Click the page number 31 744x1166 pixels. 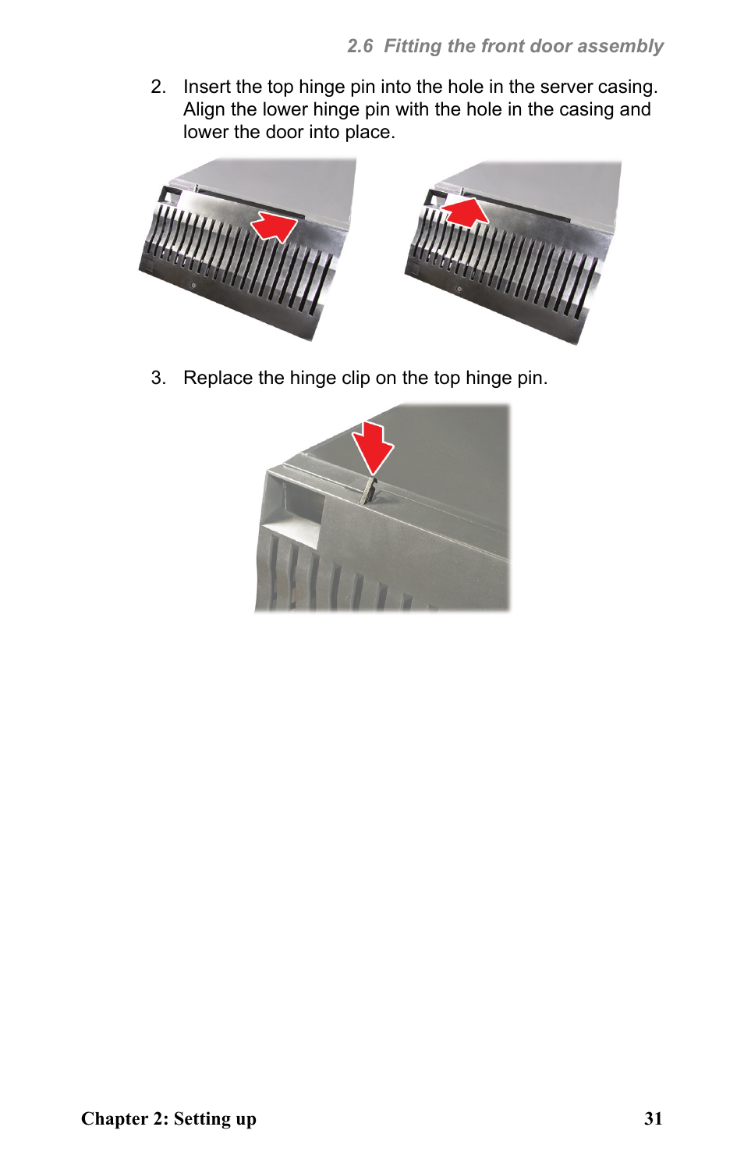tap(653, 1118)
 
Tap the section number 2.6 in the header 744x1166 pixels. tap(360, 46)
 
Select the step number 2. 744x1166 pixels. tap(158, 87)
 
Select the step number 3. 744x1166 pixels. tap(158, 378)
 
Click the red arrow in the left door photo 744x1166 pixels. tap(275, 226)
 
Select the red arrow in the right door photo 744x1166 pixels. tap(465, 211)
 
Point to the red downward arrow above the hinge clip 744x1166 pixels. tap(373, 447)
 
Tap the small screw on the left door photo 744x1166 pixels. tap(193, 285)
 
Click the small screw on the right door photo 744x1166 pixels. tap(459, 289)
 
